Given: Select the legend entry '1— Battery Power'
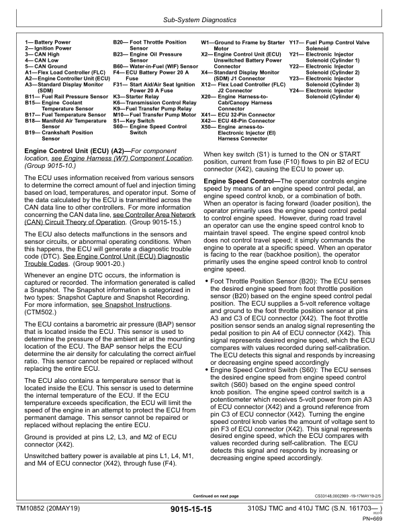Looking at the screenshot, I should coord(48,42).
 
